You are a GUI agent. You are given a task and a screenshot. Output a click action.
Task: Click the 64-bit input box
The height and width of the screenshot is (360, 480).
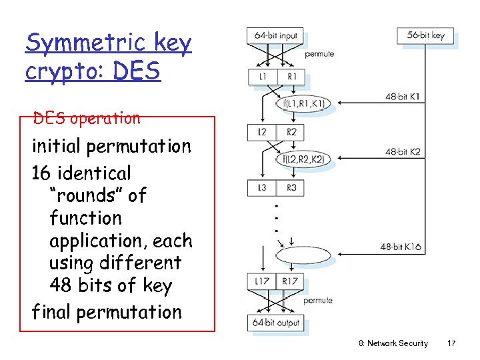click(275, 35)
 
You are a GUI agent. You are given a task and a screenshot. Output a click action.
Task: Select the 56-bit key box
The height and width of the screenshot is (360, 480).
click(425, 35)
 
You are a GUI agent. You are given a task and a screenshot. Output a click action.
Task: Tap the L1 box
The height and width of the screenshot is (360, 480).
click(262, 77)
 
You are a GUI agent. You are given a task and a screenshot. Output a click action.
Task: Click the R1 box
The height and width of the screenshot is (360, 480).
click(291, 77)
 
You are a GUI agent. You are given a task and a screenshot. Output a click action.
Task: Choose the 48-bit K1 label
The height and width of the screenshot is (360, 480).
click(403, 97)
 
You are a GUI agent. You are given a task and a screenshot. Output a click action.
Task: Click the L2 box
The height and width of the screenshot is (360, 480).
click(262, 132)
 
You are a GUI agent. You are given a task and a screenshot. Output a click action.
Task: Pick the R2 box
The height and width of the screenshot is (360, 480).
click(291, 132)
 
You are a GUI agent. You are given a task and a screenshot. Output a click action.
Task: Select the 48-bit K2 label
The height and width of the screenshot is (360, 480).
click(403, 152)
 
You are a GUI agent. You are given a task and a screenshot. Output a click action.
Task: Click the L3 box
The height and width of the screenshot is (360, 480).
click(262, 187)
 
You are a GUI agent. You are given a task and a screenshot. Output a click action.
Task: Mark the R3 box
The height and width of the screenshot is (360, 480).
click(291, 187)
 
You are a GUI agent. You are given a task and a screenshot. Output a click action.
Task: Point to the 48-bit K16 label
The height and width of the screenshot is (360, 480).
click(401, 247)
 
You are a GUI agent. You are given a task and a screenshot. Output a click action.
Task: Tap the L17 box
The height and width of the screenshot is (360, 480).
click(262, 281)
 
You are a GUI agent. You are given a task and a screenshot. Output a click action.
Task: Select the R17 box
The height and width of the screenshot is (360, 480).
click(290, 281)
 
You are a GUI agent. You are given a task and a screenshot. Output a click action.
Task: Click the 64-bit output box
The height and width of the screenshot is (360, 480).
click(275, 323)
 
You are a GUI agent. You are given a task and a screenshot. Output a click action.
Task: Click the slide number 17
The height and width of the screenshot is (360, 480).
click(451, 343)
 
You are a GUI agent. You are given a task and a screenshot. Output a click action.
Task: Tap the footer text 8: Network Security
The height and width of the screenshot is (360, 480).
click(393, 343)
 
